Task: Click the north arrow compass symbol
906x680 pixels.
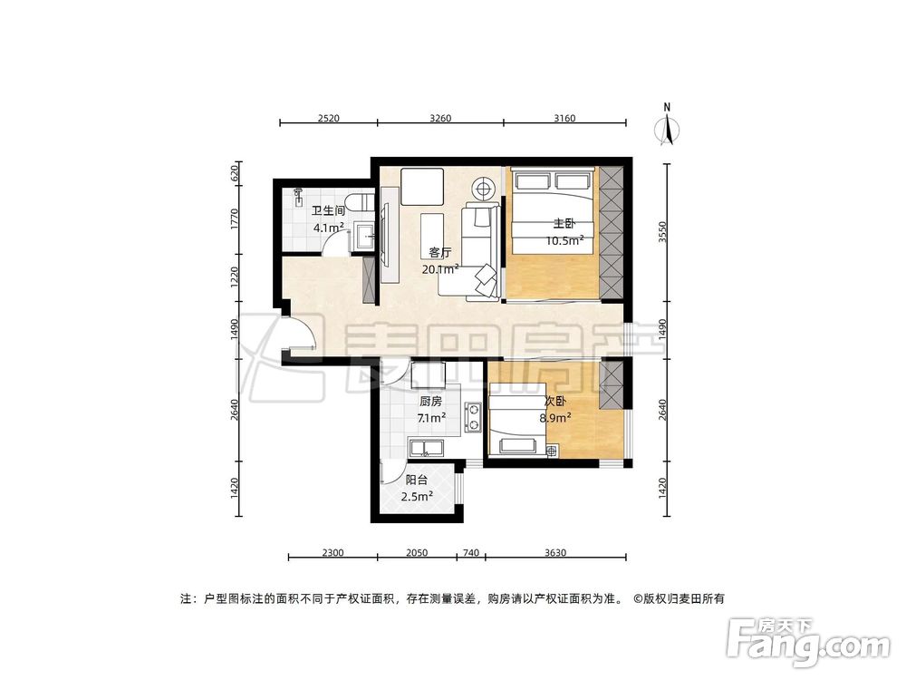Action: [x=669, y=126]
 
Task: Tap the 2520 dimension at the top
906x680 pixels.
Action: [x=327, y=118]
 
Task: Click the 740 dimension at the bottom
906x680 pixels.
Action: [x=471, y=553]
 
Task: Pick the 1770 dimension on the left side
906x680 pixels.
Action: [x=235, y=220]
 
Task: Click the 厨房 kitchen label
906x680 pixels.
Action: [x=430, y=401]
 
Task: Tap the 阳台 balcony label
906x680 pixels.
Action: [x=417, y=481]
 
